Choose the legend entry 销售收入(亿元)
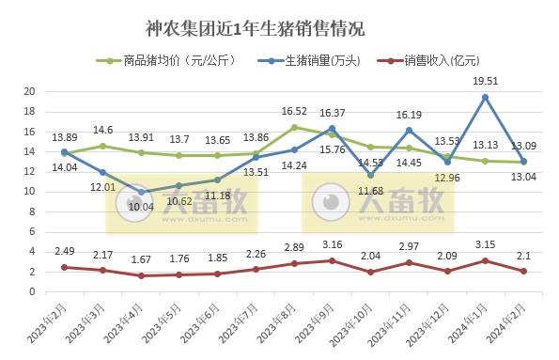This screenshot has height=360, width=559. coord(441,62)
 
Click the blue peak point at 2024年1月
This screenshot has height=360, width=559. coord(485,97)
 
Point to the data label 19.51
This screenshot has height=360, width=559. coord(485,81)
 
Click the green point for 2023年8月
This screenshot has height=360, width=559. coord(294,127)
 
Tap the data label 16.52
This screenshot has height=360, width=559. coord(294,111)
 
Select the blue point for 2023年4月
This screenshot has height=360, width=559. coord(141,192)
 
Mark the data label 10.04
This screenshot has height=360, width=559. coord(141,207)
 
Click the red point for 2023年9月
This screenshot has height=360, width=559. coord(332,260)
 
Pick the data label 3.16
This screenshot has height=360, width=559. coord(332,245)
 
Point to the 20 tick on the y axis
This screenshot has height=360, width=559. coord(29,92)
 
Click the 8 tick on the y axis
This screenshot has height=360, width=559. coord(32,212)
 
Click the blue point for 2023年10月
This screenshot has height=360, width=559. coord(370,175)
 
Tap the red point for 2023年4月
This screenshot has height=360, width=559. coord(141,275)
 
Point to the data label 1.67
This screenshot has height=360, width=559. coord(141,260)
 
